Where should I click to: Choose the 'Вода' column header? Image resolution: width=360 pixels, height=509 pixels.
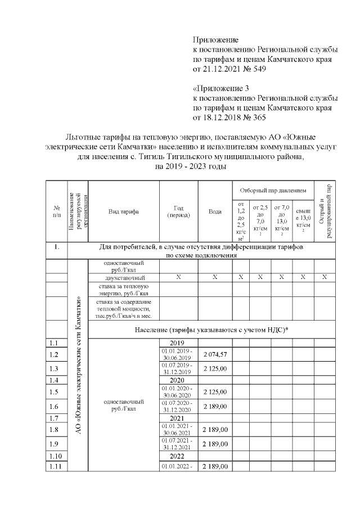(215, 211)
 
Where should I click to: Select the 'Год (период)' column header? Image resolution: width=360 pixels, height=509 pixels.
(179, 211)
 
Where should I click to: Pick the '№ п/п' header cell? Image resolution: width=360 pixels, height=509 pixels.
(57, 211)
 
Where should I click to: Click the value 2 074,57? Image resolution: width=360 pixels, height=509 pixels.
(215, 354)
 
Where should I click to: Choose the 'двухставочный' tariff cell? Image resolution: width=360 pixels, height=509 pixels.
(124, 278)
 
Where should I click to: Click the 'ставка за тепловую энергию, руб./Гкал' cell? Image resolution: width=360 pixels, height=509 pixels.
(124, 289)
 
